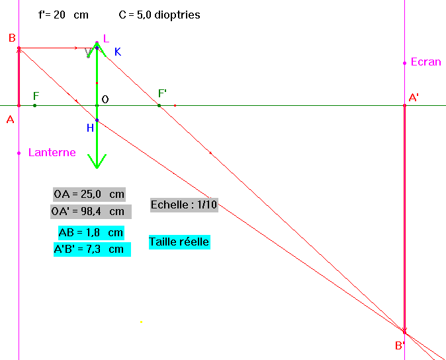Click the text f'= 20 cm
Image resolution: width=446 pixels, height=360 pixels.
(64, 15)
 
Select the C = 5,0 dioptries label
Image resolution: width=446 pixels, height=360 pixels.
(159, 15)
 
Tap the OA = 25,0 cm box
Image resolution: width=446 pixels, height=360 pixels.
(89, 194)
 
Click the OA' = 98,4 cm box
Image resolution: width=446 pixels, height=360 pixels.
(91, 212)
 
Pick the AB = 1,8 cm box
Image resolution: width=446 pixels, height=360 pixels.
(91, 233)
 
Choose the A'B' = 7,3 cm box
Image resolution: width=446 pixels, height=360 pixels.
(92, 249)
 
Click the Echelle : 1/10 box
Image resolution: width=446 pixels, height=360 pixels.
(184, 205)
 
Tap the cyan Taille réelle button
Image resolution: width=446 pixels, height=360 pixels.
(179, 242)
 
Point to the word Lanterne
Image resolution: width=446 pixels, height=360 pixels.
(52, 153)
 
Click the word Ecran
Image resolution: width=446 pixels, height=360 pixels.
(425, 62)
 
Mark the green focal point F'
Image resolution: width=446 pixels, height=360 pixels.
(159, 105)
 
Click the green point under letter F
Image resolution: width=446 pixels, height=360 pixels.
(34, 105)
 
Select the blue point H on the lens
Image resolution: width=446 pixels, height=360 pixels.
(97, 120)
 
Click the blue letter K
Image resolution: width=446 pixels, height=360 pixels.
(118, 52)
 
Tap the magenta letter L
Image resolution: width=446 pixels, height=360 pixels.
(106, 38)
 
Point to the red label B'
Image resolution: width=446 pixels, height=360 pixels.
(400, 346)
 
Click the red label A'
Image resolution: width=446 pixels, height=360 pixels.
(414, 98)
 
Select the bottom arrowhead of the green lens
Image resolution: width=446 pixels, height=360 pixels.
(97, 161)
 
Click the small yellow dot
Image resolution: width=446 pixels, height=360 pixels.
(141, 322)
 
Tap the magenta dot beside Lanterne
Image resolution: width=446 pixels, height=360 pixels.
(19, 154)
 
